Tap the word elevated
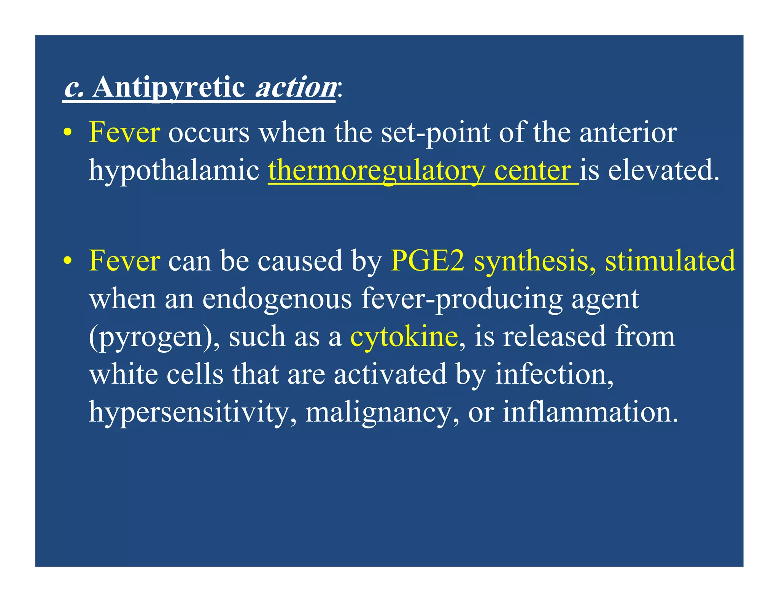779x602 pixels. [664, 170]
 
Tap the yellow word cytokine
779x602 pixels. [404, 336]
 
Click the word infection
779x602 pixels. [554, 374]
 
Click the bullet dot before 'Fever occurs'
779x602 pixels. [67, 133]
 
